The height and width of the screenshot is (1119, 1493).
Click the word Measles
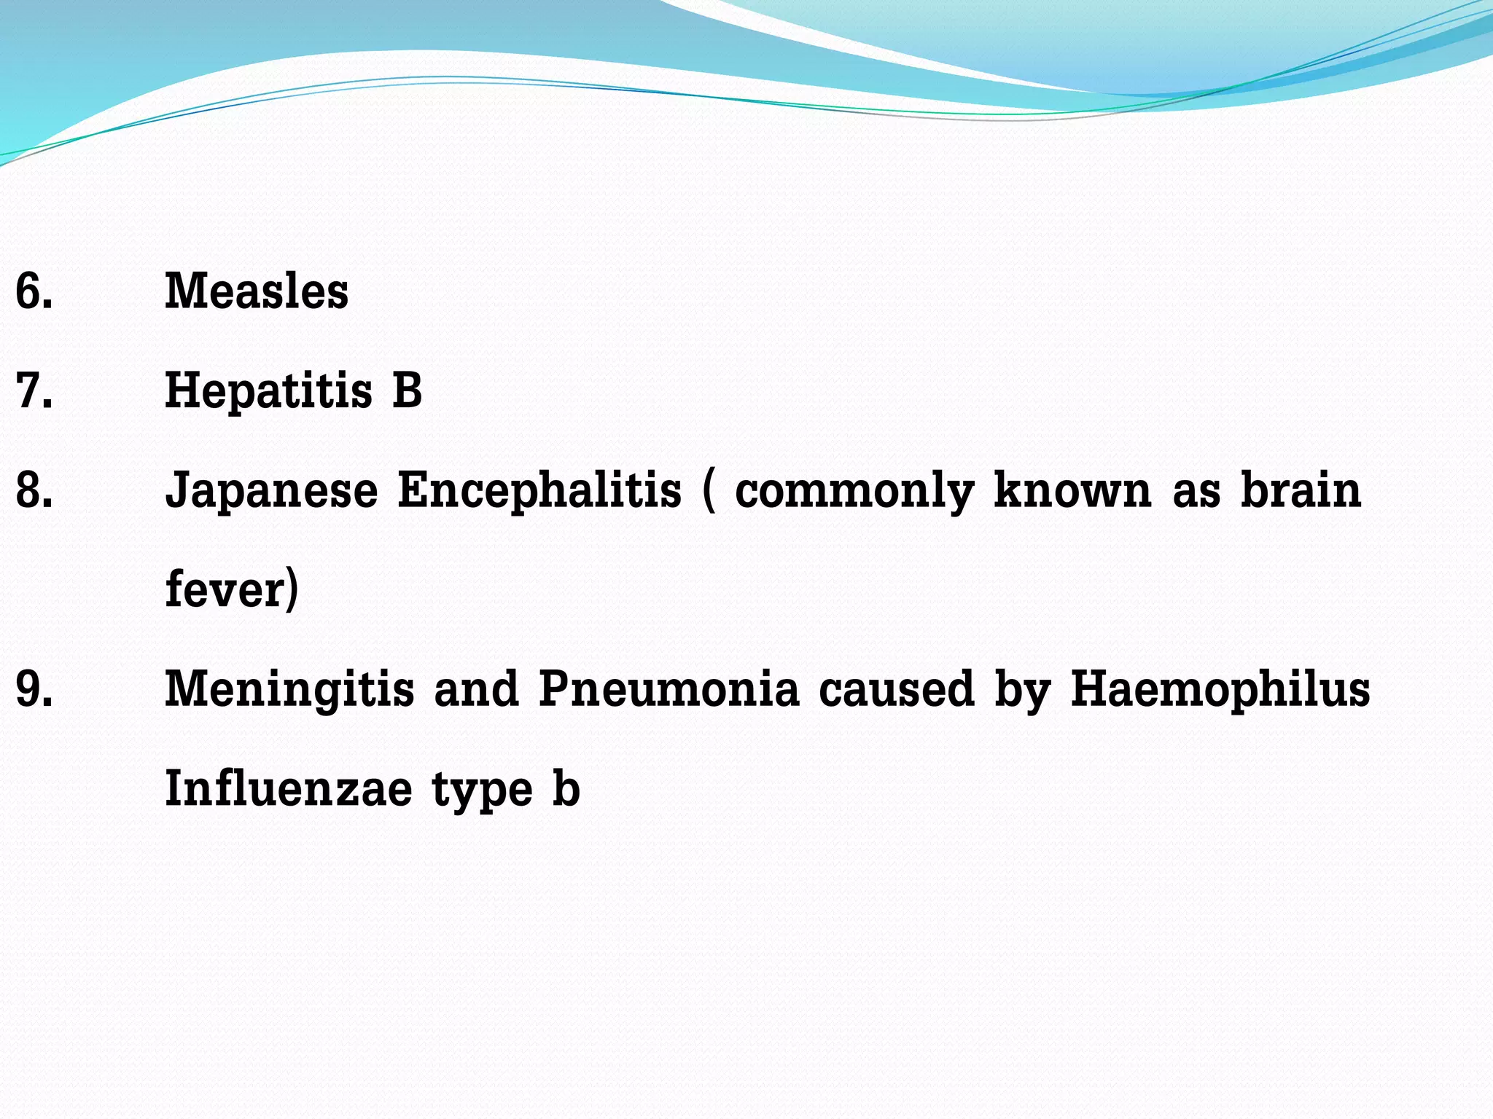(x=257, y=291)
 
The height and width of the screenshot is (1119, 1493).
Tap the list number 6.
(x=34, y=291)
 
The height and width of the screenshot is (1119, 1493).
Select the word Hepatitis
(x=268, y=391)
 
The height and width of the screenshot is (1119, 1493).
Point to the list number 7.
(x=34, y=390)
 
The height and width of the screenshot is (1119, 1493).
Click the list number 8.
(x=34, y=490)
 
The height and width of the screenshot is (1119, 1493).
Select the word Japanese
(x=271, y=491)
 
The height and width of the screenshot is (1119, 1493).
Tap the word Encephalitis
(x=539, y=490)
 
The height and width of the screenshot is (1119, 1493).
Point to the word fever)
(x=232, y=589)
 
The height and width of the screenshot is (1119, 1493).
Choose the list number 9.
(x=34, y=689)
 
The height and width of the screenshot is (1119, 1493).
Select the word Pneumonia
(x=668, y=689)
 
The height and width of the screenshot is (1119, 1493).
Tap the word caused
(x=896, y=689)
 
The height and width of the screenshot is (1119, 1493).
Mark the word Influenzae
(x=289, y=789)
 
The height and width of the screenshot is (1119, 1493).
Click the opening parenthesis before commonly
(x=709, y=491)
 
